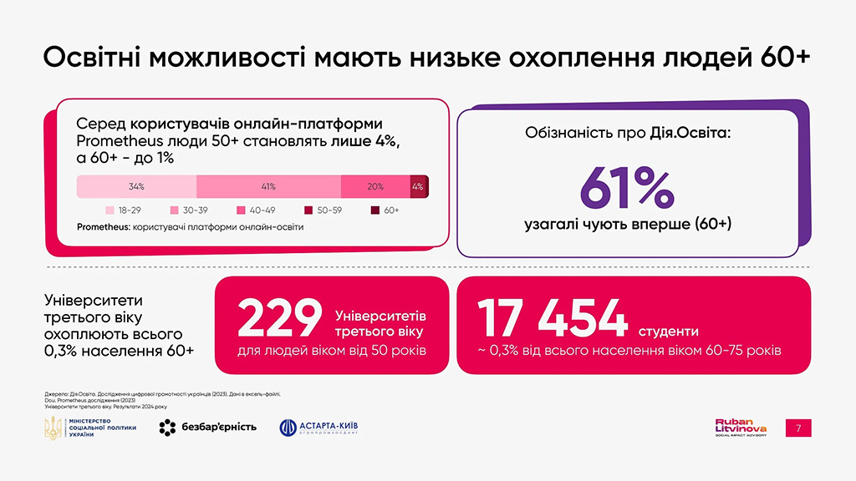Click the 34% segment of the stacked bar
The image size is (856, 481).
click(x=136, y=186)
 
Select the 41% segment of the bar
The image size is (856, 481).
click(x=268, y=186)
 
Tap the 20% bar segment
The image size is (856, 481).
click(x=375, y=186)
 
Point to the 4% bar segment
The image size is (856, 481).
click(x=418, y=186)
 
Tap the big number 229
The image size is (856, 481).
click(x=281, y=317)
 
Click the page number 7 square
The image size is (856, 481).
click(x=798, y=428)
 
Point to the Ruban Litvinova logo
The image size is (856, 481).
click(x=741, y=428)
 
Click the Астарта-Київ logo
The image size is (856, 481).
click(x=319, y=428)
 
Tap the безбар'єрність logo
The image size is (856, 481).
click(x=207, y=428)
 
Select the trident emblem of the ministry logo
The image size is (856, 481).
click(x=53, y=428)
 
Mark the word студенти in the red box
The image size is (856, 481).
click(x=670, y=330)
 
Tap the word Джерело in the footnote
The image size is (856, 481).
click(x=58, y=392)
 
